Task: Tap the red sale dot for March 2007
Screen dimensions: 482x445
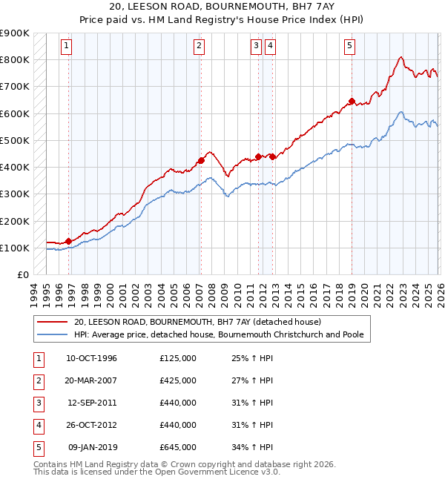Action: [200, 160]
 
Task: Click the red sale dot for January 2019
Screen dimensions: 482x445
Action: [352, 101]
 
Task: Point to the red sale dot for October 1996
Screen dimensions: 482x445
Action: [68, 240]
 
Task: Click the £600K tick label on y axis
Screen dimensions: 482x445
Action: [15, 113]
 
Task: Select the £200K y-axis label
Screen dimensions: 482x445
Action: [15, 221]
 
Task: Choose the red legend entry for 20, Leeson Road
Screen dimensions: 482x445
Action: [197, 323]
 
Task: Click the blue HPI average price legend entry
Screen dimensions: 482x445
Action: [218, 335]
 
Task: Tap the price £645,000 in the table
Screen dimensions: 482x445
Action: [178, 447]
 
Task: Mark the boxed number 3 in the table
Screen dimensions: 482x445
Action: [36, 403]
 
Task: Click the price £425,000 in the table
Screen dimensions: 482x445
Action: [178, 380]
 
